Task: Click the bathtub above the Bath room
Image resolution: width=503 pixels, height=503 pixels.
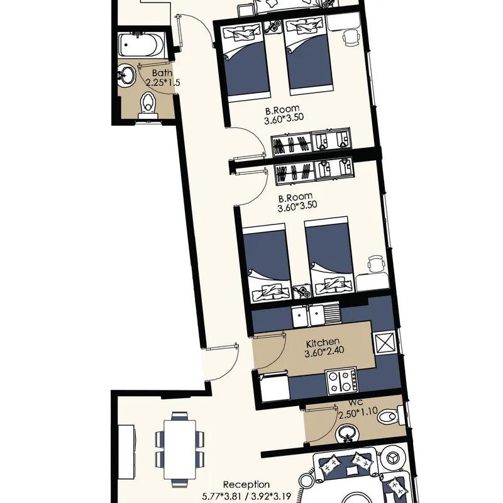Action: click(x=141, y=45)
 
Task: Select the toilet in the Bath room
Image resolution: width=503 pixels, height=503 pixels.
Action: click(x=148, y=106)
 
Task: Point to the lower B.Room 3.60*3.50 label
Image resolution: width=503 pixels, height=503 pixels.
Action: click(x=297, y=202)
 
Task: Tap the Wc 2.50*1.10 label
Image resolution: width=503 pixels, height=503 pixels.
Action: click(x=358, y=408)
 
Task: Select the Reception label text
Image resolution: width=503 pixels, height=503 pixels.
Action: click(x=246, y=484)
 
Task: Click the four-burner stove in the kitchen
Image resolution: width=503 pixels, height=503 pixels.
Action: click(x=341, y=381)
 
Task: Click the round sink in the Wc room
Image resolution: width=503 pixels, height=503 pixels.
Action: click(x=346, y=434)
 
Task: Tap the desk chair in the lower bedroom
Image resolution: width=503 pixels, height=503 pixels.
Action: click(x=376, y=264)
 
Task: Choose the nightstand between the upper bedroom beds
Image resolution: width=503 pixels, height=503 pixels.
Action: click(x=273, y=26)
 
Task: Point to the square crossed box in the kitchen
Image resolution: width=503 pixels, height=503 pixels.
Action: click(x=384, y=343)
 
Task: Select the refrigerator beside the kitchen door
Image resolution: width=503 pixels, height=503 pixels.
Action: click(x=275, y=388)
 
